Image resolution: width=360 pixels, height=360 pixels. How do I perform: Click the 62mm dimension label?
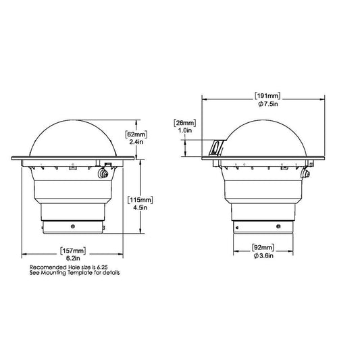click(136, 134)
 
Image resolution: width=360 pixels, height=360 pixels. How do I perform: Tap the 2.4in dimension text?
click(136, 142)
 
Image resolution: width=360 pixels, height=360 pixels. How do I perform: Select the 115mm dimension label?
click(140, 200)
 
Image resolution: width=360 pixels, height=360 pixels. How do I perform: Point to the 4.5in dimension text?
click(140, 207)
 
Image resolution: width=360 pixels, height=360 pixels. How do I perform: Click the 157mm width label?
click(73, 251)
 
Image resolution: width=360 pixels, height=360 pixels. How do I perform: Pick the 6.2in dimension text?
click(73, 258)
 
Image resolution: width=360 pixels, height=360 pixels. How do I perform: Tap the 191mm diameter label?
click(267, 96)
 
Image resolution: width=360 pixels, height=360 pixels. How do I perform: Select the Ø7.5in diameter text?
click(268, 104)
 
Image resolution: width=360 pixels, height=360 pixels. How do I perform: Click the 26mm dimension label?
click(185, 123)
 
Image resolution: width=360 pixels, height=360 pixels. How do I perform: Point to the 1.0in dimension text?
click(185, 130)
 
